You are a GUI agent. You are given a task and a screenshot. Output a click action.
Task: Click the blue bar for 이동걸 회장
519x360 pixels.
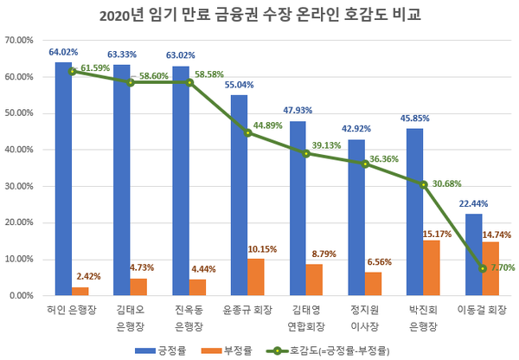click(473, 254)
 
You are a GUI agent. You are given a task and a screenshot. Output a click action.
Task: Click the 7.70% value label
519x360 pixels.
click(500, 268)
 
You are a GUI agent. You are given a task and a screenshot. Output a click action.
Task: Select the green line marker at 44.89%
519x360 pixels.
click(247, 132)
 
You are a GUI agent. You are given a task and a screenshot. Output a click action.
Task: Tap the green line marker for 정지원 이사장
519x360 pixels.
click(365, 163)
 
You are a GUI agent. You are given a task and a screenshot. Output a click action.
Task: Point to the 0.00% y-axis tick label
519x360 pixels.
click(21, 296)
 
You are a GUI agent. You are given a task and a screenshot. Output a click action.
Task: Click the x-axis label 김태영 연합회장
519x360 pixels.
click(306, 315)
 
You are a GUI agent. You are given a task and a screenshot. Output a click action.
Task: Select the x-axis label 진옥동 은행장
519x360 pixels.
click(189, 315)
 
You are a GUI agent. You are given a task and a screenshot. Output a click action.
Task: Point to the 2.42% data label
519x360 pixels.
click(83, 279)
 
